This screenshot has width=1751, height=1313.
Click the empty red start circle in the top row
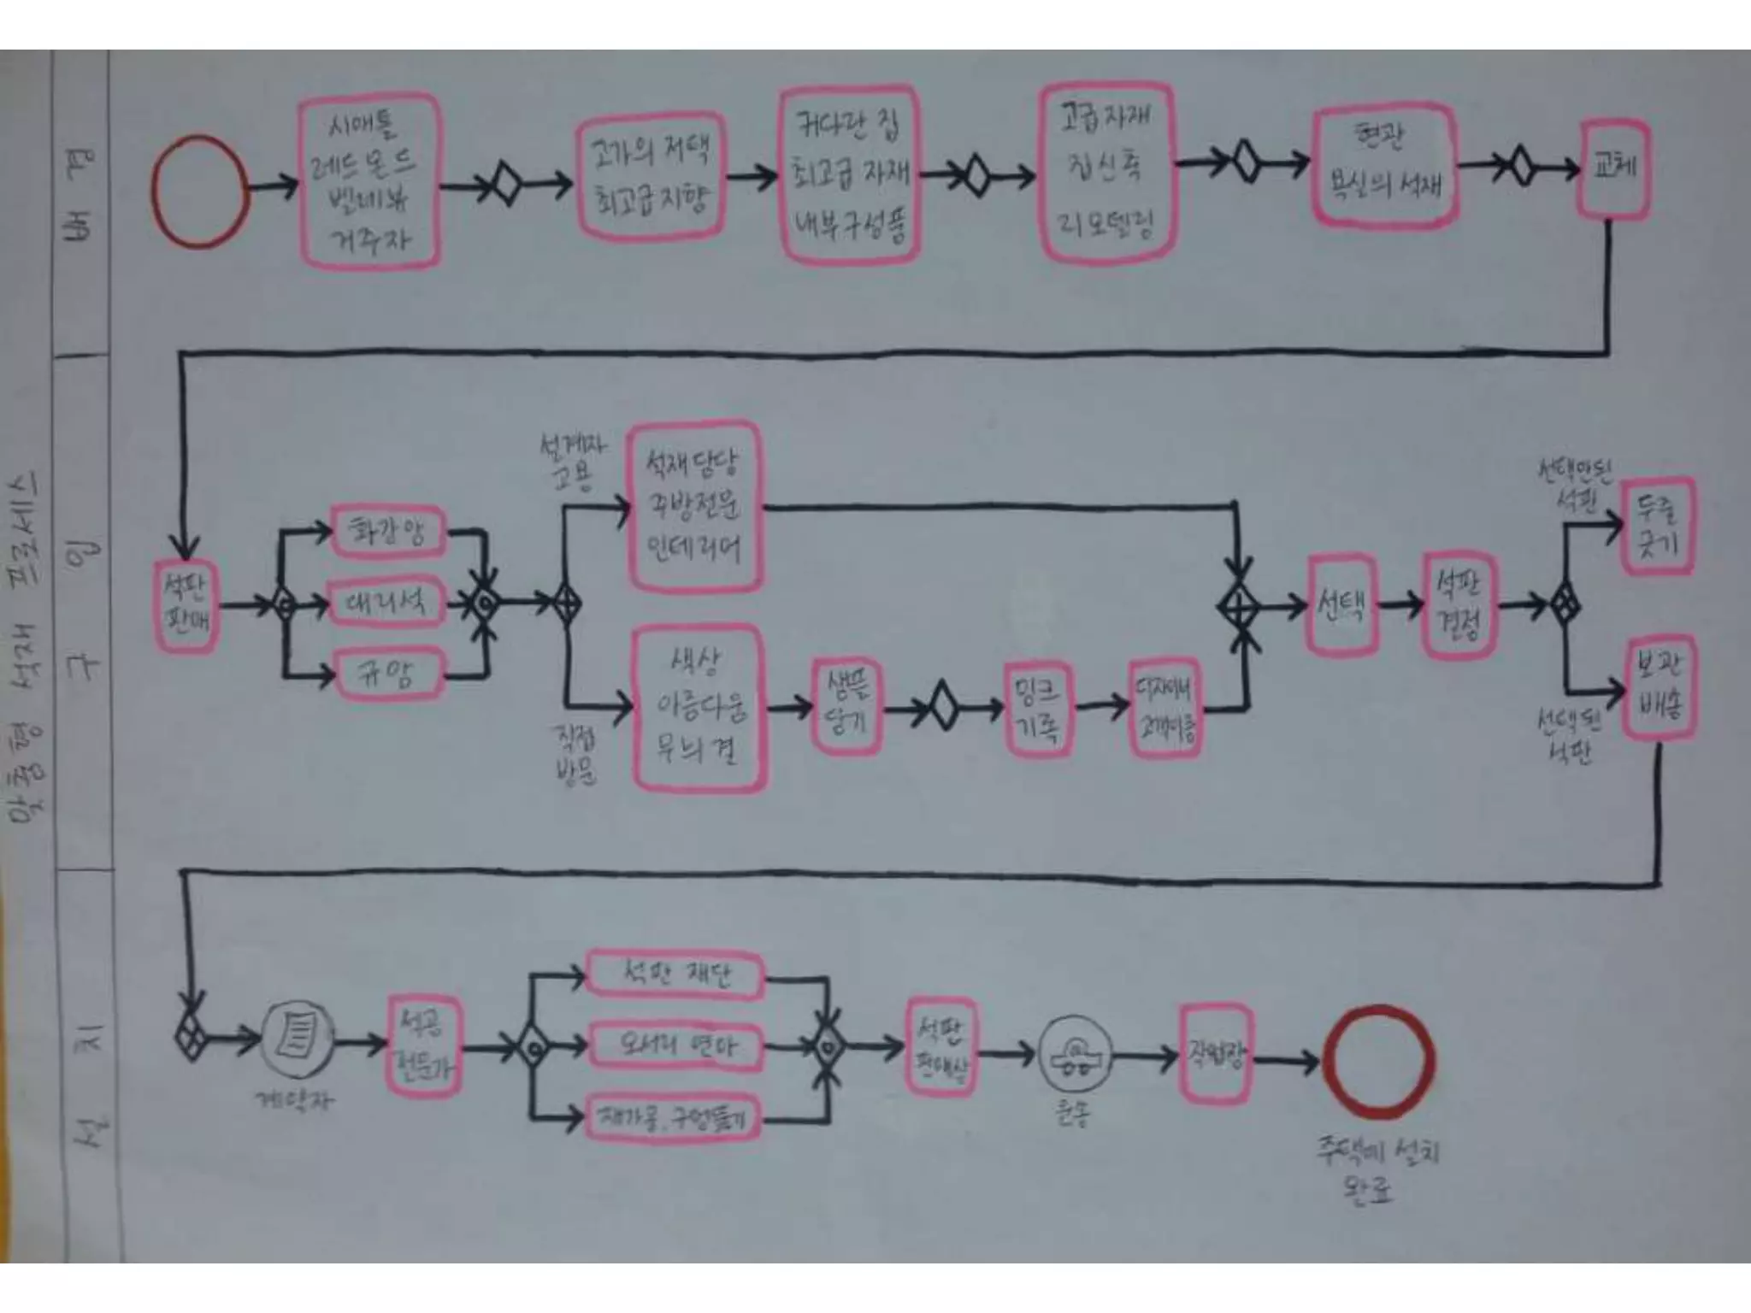click(200, 191)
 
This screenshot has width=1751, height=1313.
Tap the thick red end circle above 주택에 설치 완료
click(1378, 1061)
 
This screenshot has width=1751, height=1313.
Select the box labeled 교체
click(1613, 168)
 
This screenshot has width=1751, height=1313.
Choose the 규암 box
click(387, 674)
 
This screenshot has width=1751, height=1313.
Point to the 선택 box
click(1341, 605)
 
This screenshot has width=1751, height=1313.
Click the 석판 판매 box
click(186, 606)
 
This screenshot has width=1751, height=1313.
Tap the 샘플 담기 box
click(846, 706)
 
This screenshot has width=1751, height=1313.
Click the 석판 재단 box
click(675, 974)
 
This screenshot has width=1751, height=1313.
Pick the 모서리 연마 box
click(675, 1045)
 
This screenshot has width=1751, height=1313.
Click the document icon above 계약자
click(297, 1039)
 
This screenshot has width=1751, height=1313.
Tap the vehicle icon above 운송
click(1075, 1055)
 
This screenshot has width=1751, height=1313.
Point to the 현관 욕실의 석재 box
click(1384, 166)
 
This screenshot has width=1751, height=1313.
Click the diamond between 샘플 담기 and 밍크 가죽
click(942, 706)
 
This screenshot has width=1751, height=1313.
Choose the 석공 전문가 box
click(423, 1044)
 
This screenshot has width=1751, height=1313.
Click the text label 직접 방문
click(575, 754)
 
